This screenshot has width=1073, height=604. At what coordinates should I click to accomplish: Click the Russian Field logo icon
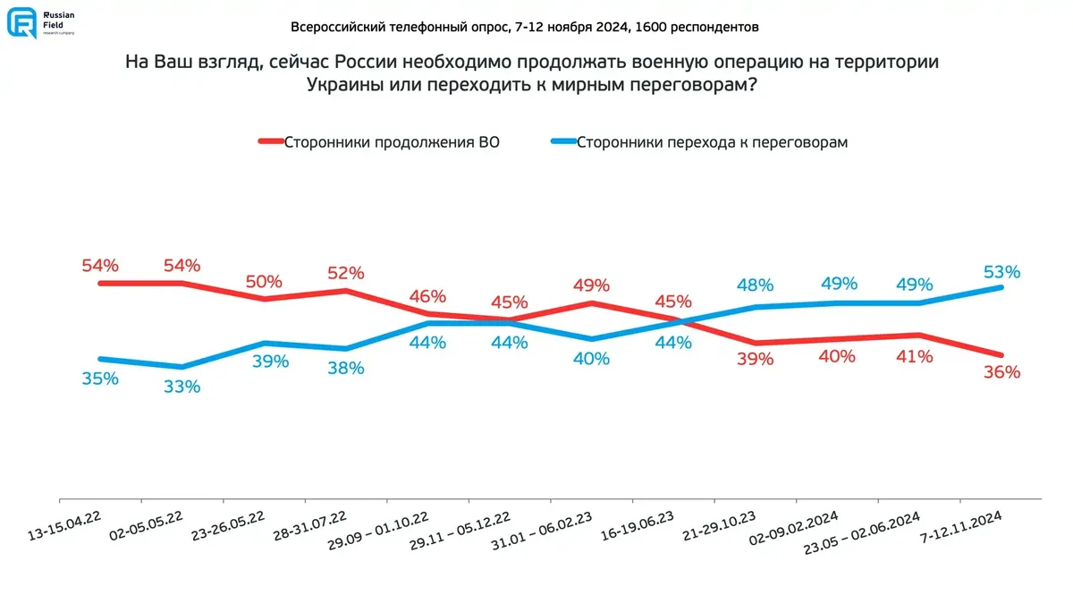pyautogui.click(x=22, y=22)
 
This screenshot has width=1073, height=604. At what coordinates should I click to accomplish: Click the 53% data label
pyautogui.click(x=1002, y=271)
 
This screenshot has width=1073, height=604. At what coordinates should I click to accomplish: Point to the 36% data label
pyautogui.click(x=1001, y=372)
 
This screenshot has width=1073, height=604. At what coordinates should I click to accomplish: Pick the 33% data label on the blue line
pyautogui.click(x=182, y=387)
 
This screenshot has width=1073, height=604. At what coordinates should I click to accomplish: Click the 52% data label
pyautogui.click(x=346, y=273)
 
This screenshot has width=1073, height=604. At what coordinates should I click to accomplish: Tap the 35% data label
pyautogui.click(x=100, y=378)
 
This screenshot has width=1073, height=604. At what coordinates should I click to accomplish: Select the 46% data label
pyautogui.click(x=427, y=295)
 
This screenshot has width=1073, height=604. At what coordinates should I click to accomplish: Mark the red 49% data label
pyautogui.click(x=591, y=285)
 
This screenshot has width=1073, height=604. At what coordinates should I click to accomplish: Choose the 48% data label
pyautogui.click(x=755, y=285)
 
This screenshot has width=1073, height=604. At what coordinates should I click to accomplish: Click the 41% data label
pyautogui.click(x=915, y=355)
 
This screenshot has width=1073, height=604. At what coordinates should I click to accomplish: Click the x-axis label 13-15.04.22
pyautogui.click(x=64, y=526)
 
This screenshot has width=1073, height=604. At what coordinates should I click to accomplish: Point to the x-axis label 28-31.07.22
pyautogui.click(x=309, y=526)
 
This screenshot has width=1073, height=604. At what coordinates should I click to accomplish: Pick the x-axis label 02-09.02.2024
pyautogui.click(x=798, y=528)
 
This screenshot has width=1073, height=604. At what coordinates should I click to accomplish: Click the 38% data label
pyautogui.click(x=346, y=367)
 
